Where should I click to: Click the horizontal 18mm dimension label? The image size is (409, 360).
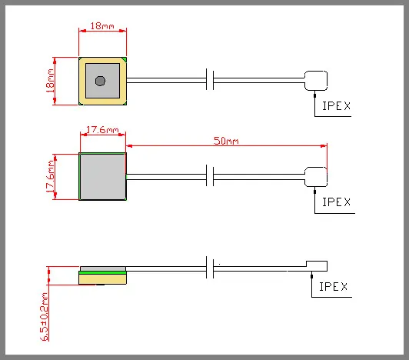[103, 25]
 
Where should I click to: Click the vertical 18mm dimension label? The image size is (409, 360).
[52, 81]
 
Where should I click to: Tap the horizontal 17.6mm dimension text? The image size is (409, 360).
[103, 130]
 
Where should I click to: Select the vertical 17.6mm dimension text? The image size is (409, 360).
[52, 177]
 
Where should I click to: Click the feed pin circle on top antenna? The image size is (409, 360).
[100, 81]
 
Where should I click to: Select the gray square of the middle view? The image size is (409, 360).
[102, 176]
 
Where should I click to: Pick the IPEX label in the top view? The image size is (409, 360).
[335, 108]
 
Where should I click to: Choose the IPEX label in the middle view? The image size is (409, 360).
[335, 202]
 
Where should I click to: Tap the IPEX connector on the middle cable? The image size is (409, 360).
[316, 176]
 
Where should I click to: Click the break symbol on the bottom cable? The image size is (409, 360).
[211, 269]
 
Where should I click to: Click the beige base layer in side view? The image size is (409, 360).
[102, 278]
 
